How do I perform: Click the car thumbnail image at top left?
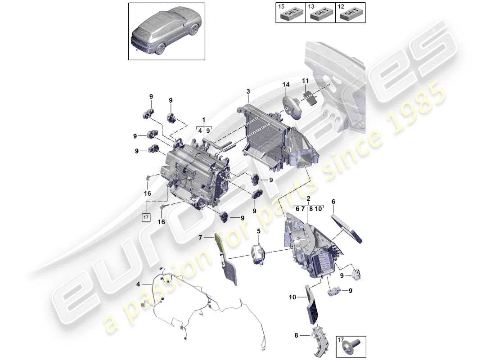pyautogui.click(x=166, y=30)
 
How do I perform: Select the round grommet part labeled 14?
pyautogui.click(x=291, y=106)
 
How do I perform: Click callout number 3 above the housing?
pyautogui.click(x=247, y=92)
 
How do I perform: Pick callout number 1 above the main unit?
pyautogui.click(x=203, y=121)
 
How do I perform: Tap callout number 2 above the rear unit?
pyautogui.click(x=308, y=198)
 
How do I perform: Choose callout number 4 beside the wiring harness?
pyautogui.click(x=139, y=284)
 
